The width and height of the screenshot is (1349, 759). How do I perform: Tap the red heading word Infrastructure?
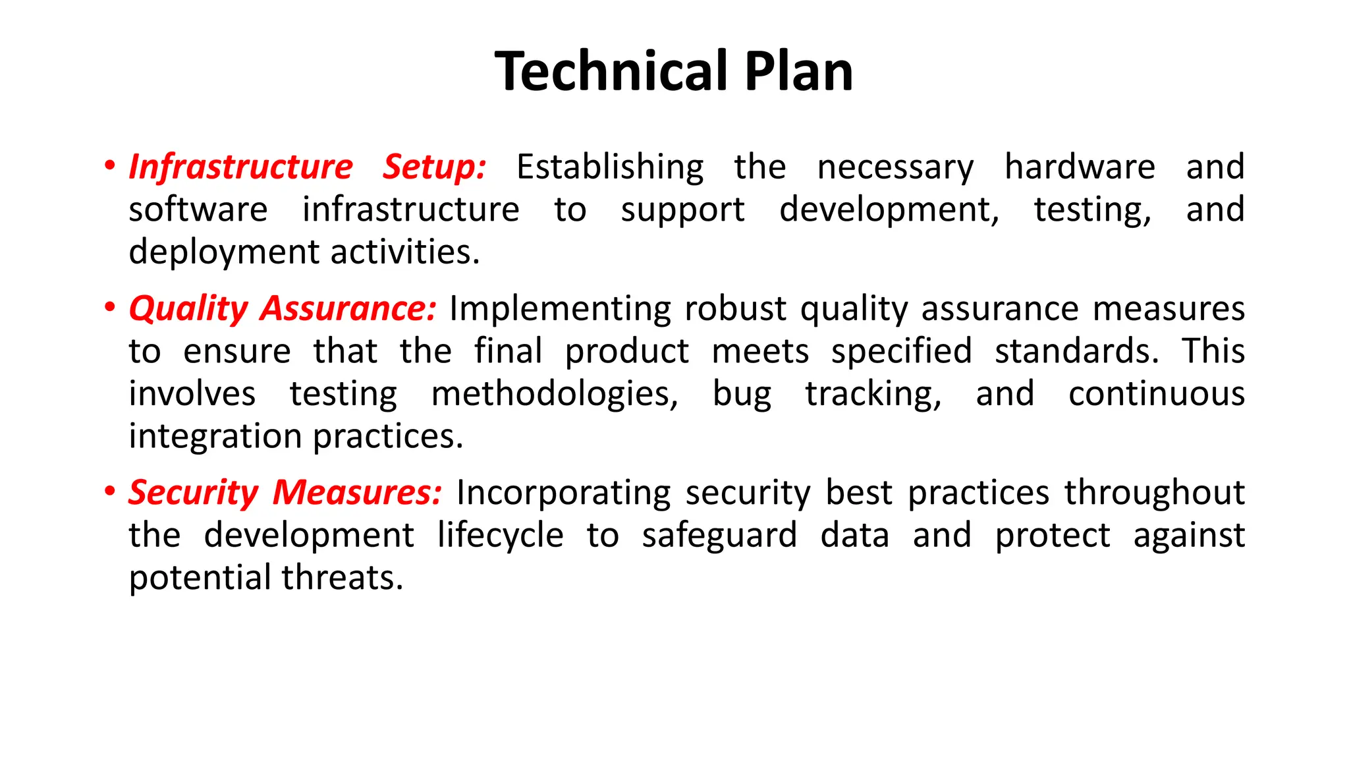click(241, 167)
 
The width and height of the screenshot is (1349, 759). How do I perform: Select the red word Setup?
click(434, 167)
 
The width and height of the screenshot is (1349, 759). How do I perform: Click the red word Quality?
click(188, 308)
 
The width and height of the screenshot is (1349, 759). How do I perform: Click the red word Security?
click(194, 493)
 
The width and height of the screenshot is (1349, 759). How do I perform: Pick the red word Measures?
click(357, 493)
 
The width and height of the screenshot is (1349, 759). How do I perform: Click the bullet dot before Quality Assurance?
click(110, 308)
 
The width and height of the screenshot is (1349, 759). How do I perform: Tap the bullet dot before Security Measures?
click(110, 492)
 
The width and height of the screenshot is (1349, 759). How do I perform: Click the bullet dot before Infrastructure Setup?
click(110, 165)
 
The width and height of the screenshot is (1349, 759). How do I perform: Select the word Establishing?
click(610, 167)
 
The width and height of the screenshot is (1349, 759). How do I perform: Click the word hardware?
click(1080, 167)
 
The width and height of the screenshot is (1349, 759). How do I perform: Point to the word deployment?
click(224, 253)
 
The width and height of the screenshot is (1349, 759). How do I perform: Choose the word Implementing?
click(560, 309)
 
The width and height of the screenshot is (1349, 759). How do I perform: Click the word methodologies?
click(554, 395)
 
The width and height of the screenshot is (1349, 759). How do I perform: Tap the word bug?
click(742, 395)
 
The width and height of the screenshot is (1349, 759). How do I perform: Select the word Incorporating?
click(563, 493)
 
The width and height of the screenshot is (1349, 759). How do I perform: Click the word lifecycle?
click(501, 535)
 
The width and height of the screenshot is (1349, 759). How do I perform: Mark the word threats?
click(342, 578)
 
